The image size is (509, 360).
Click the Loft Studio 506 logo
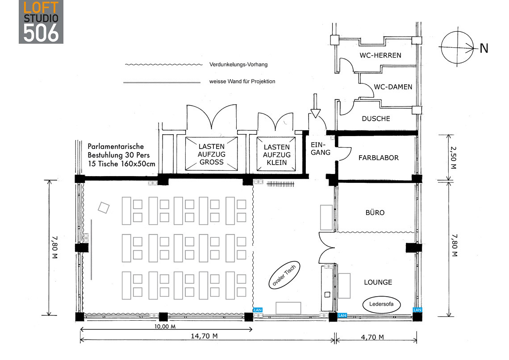click(x=41, y=22)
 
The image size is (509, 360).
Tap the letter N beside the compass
click(x=484, y=48)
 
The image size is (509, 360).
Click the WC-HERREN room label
click(x=380, y=55)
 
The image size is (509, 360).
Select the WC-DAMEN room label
click(x=393, y=87)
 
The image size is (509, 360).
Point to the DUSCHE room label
click(x=376, y=118)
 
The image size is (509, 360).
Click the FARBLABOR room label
click(x=379, y=157)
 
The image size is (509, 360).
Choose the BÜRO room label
click(x=375, y=212)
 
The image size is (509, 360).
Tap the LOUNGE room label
click(x=378, y=282)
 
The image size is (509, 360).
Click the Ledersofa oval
click(x=381, y=304)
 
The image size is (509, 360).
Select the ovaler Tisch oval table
click(x=284, y=275)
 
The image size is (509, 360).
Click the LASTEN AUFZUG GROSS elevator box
click(x=211, y=154)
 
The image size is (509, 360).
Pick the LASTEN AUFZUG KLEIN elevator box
click(x=276, y=154)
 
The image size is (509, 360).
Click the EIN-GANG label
click(x=321, y=149)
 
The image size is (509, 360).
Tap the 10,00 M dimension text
click(x=165, y=326)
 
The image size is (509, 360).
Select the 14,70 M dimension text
click(x=204, y=336)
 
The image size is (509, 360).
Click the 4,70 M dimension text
click(x=372, y=337)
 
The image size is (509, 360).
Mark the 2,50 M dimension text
click(x=453, y=158)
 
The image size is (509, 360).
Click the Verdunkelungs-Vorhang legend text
click(x=238, y=65)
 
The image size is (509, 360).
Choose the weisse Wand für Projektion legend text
click(x=242, y=81)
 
